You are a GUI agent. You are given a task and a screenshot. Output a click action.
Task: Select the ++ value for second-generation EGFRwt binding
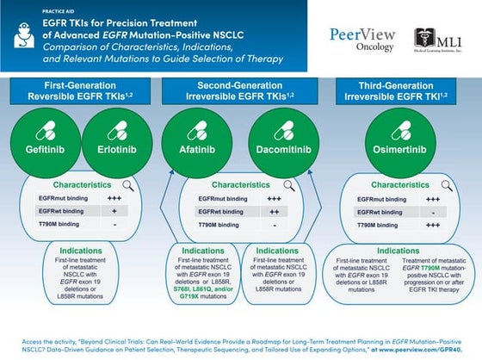(273, 210)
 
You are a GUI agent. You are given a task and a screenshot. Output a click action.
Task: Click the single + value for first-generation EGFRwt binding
(114, 210)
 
